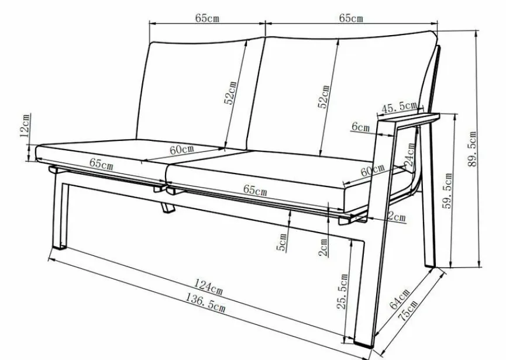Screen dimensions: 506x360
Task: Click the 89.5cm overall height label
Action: point(472,148)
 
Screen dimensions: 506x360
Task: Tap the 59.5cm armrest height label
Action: point(448,191)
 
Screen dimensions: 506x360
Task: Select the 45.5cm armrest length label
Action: point(399,107)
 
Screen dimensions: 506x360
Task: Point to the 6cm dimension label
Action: point(360,127)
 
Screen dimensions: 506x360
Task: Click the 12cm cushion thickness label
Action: point(25,126)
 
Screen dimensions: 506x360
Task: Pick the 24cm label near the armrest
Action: point(410,154)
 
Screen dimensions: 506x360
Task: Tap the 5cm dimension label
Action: point(281,243)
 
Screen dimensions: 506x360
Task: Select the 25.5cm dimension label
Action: point(342,292)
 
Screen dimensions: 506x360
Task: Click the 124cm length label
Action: point(208,287)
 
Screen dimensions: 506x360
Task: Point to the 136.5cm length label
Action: point(205,303)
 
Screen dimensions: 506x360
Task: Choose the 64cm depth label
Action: point(400,299)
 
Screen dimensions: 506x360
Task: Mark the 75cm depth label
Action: point(408,310)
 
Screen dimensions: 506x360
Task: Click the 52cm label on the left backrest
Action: point(230,93)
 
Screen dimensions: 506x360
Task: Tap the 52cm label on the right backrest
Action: point(323,96)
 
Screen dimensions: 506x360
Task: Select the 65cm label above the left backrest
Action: point(207,18)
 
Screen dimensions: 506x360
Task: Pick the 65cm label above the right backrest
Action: point(351,18)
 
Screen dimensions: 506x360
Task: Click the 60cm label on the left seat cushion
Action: point(182,150)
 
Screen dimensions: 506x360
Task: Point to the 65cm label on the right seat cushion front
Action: point(255,190)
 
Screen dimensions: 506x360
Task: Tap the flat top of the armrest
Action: point(408,117)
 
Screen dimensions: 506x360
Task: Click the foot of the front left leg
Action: point(59,247)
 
